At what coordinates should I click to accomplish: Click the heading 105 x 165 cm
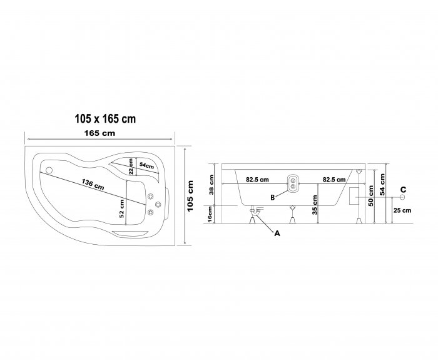[x=105, y=119]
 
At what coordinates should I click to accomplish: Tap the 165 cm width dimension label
[x=99, y=133]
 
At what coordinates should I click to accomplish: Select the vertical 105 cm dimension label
[x=190, y=196]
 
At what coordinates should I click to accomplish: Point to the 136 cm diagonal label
[x=93, y=185]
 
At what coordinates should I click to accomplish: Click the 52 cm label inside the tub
[x=122, y=208]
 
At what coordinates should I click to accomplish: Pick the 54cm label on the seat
[x=146, y=165]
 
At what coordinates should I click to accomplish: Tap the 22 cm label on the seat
[x=131, y=167]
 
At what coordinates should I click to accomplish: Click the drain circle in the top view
[x=49, y=170]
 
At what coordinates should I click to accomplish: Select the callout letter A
[x=277, y=233]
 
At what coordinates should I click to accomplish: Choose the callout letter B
[x=273, y=197]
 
